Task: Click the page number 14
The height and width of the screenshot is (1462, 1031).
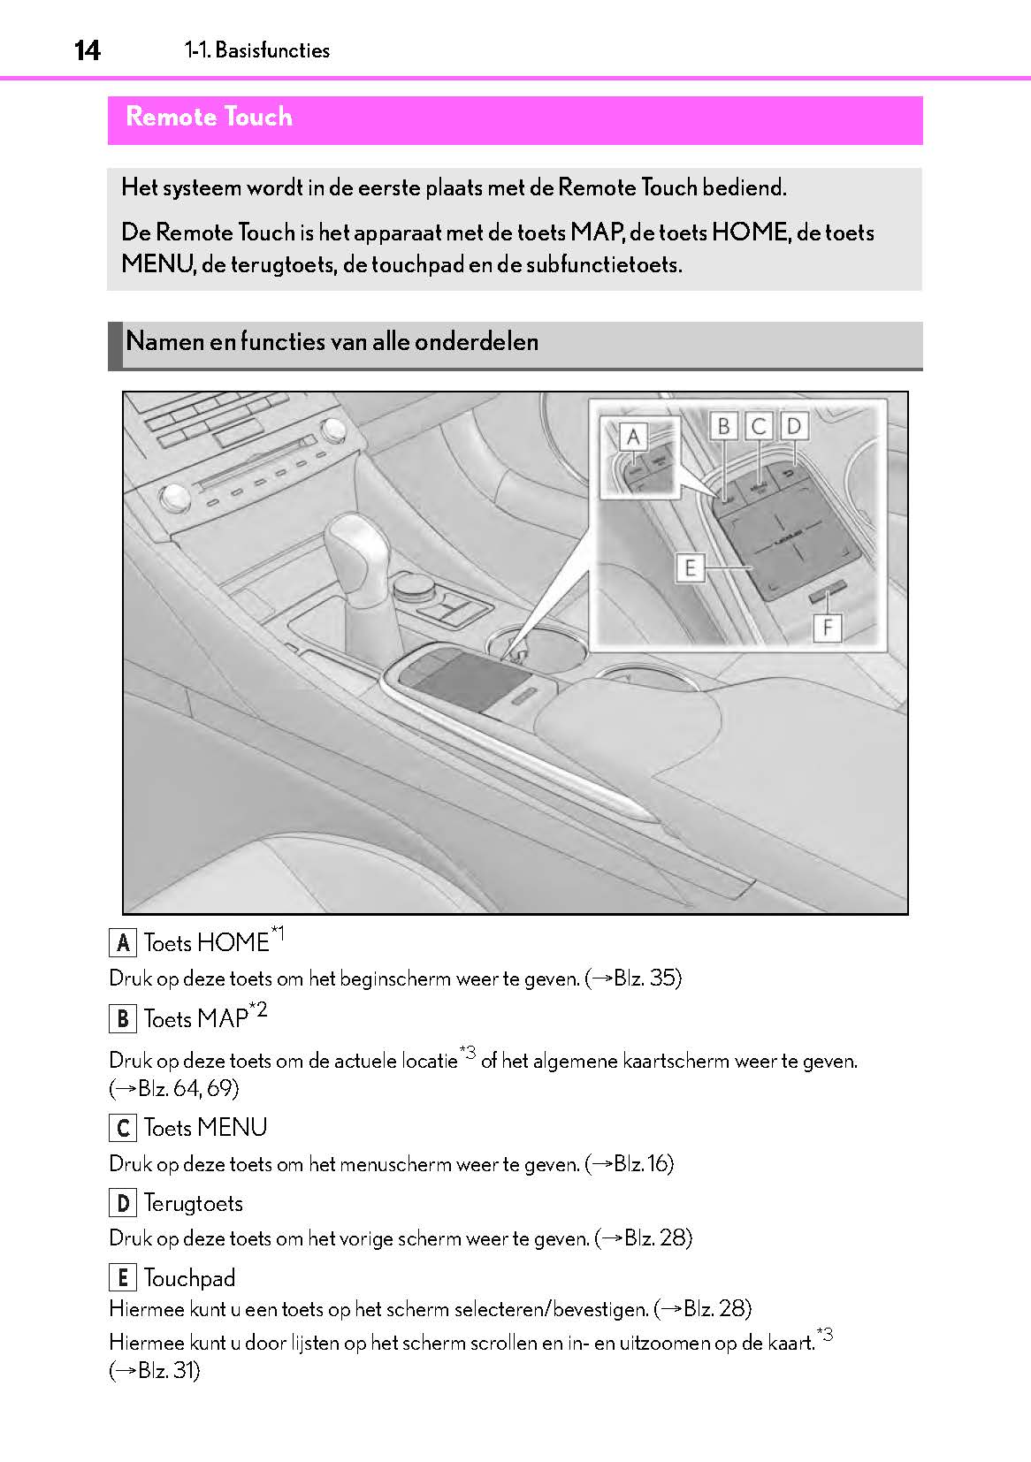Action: point(87,50)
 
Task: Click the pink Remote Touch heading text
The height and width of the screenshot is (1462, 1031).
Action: point(209,117)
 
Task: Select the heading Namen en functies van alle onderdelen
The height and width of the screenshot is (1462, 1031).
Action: point(332,341)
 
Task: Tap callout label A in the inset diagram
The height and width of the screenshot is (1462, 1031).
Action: point(633,437)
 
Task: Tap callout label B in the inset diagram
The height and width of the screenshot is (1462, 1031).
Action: point(723,427)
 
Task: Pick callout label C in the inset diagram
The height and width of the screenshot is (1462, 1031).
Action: point(758,427)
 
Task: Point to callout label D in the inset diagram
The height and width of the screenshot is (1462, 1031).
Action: point(793,427)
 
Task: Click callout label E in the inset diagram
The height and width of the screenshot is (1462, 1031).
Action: point(690,567)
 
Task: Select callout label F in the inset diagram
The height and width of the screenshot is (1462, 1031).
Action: point(827,628)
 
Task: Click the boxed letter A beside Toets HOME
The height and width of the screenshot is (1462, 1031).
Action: point(122,943)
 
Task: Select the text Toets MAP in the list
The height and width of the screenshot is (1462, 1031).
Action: point(195,1019)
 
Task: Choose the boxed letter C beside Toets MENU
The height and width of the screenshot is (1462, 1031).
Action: point(122,1128)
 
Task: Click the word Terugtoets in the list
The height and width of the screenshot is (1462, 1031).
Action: point(193,1203)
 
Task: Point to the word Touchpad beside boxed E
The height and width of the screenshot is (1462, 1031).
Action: point(189,1278)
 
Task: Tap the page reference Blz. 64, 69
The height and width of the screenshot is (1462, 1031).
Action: point(188,1088)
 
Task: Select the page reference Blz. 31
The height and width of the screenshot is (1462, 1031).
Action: point(168,1371)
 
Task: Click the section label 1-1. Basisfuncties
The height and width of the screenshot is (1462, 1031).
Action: point(257,50)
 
